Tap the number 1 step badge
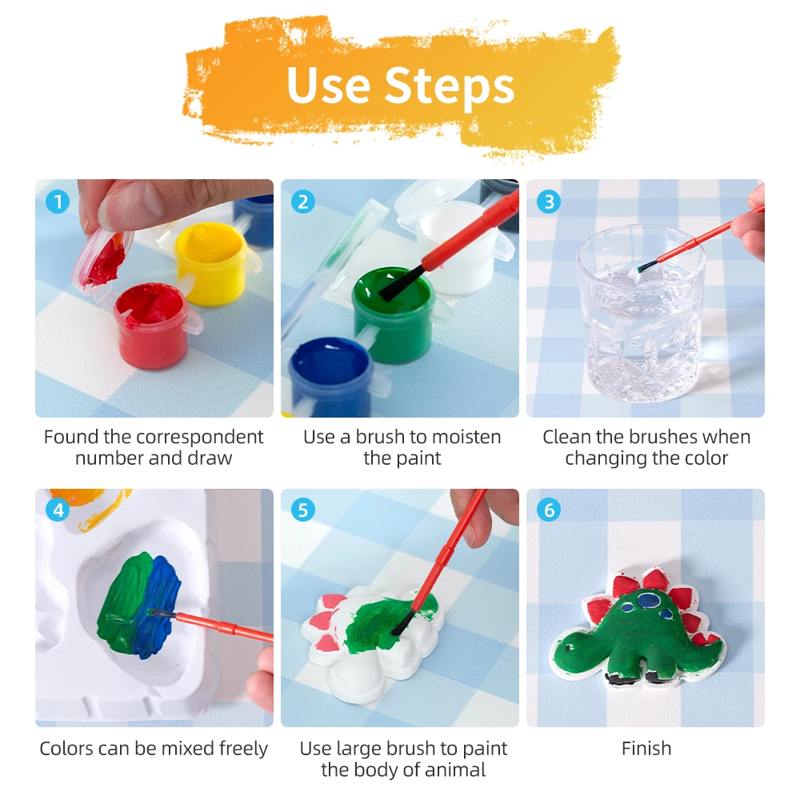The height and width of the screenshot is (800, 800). point(57,201)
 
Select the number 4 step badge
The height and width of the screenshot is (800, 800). point(57,510)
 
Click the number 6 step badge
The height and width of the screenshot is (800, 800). point(548,510)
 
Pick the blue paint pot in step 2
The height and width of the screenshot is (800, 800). point(330,376)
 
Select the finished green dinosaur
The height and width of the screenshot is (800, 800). point(640,632)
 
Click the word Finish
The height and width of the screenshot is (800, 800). point(646,749)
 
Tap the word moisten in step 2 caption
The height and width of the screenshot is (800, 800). point(473,438)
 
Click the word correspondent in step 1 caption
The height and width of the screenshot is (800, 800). point(199,438)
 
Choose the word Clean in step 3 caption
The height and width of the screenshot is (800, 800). point(568,438)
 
